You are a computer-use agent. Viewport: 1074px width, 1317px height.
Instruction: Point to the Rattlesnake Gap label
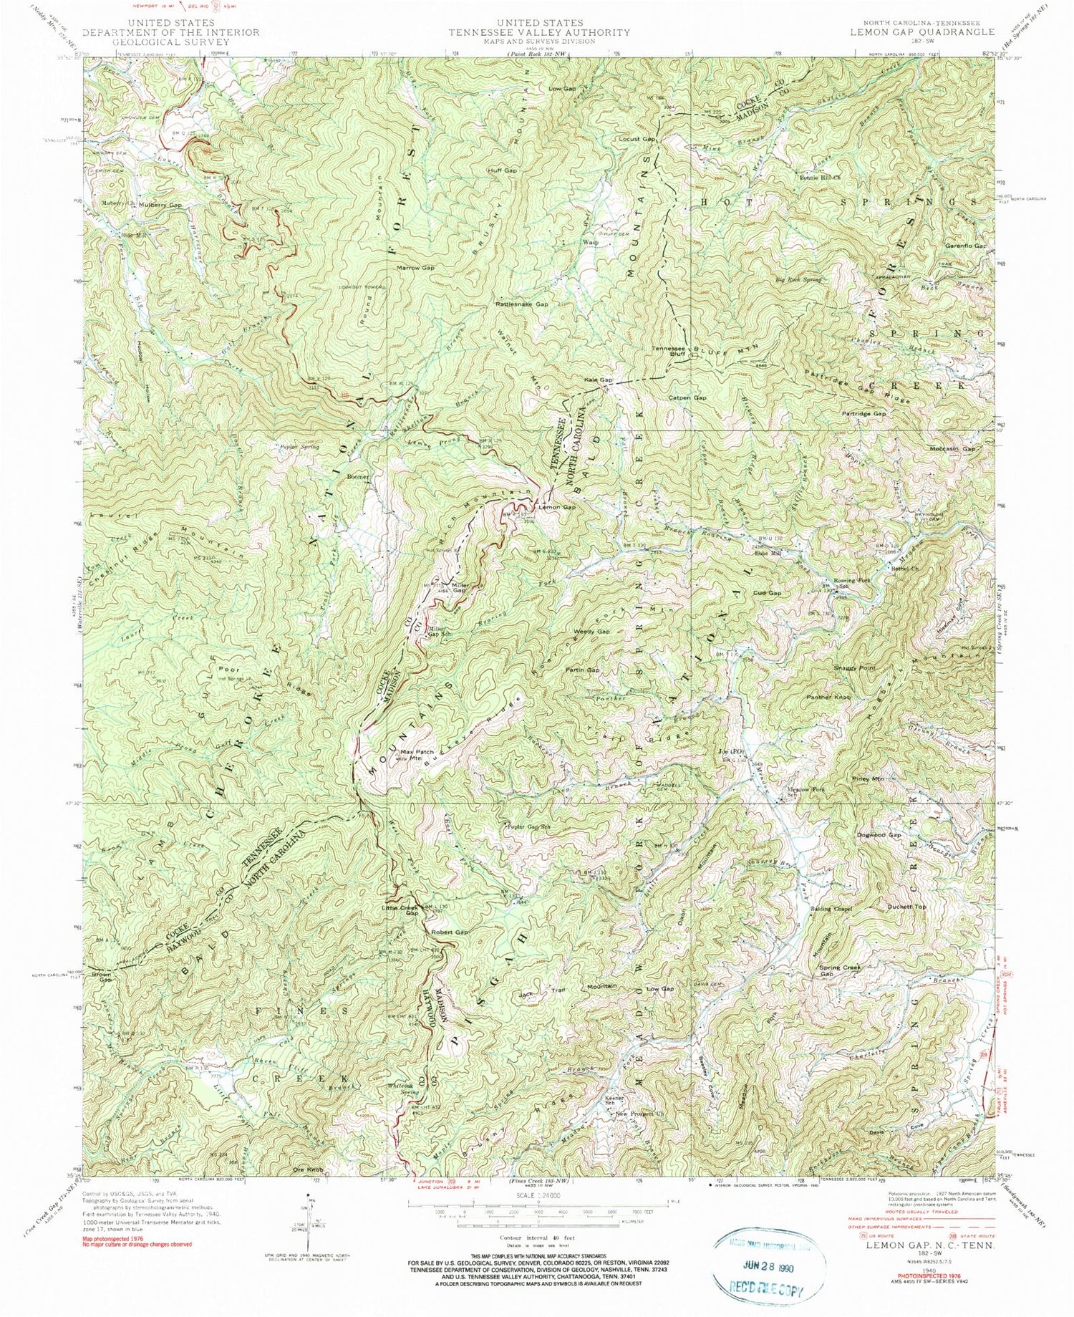click(x=521, y=304)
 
